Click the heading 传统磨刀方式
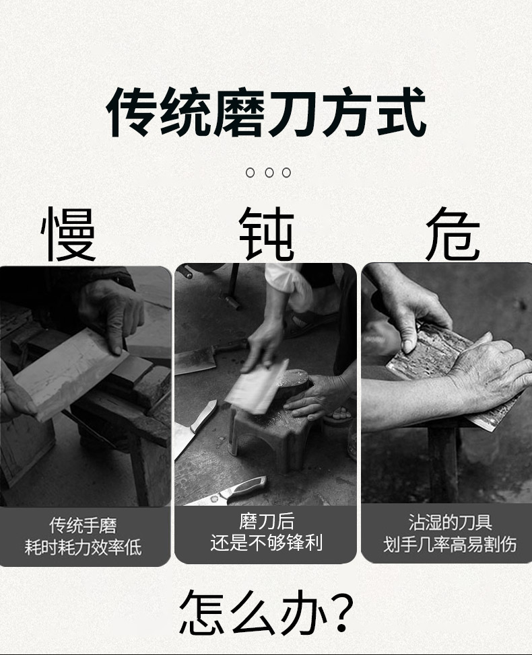point(267,112)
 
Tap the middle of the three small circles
point(269,172)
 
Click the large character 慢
point(69,234)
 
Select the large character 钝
point(267,234)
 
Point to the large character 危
point(453,234)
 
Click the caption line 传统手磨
point(84,525)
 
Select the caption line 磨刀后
point(267,522)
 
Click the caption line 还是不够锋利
point(267,543)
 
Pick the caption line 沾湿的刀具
point(450,523)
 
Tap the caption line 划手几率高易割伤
point(450,544)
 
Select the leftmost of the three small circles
point(250,172)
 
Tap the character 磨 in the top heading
point(240,112)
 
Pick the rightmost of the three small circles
point(286,172)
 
